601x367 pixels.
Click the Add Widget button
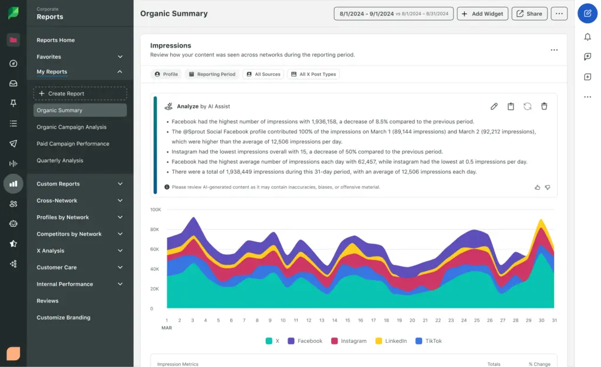click(x=482, y=14)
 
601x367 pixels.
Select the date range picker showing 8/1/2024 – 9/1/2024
click(x=393, y=14)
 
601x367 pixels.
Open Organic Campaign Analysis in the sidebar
click(x=72, y=127)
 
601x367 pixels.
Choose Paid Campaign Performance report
click(x=73, y=143)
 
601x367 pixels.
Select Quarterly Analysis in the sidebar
click(x=60, y=160)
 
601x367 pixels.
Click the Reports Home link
click(x=56, y=40)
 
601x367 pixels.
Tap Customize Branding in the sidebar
click(x=63, y=317)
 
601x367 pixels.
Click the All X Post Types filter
click(x=313, y=74)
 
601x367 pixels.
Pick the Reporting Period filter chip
click(x=212, y=74)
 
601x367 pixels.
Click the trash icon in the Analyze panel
click(x=544, y=106)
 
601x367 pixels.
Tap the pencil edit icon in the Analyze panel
click(x=494, y=106)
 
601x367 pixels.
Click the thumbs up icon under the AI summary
click(x=537, y=187)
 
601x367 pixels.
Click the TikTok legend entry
click(x=430, y=341)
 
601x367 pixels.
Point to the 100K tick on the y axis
click(x=156, y=210)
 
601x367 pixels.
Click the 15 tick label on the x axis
click(x=347, y=321)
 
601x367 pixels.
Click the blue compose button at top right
click(x=588, y=14)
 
